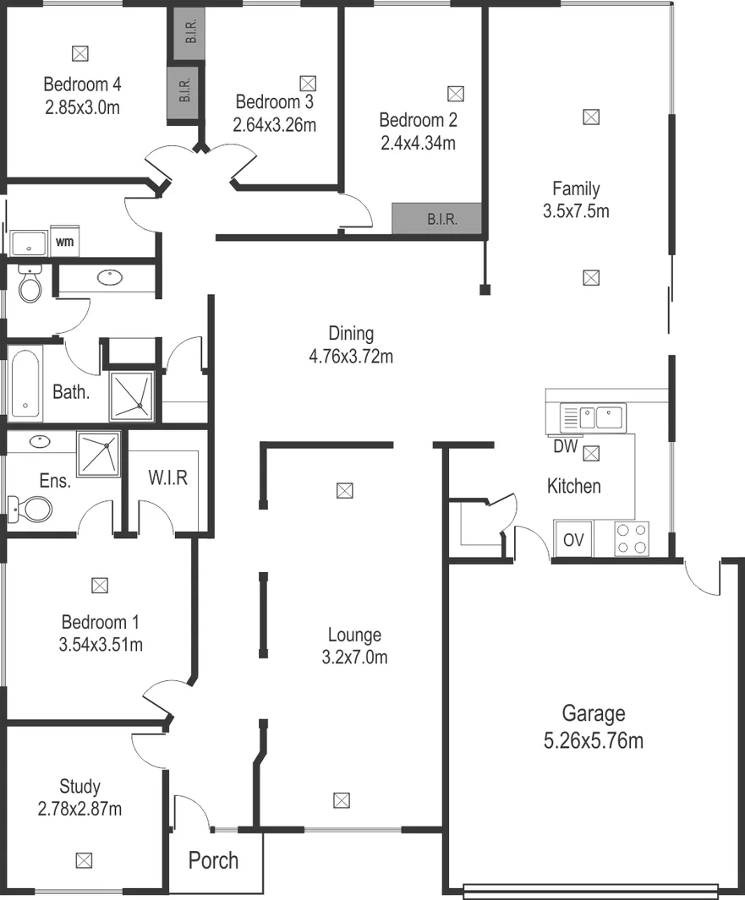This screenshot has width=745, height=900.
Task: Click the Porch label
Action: pyautogui.click(x=213, y=861)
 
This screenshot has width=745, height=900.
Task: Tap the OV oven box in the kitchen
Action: pyautogui.click(x=573, y=540)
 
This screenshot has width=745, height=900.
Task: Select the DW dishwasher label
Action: pyautogui.click(x=565, y=446)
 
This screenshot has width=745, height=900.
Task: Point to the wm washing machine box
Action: pyautogui.click(x=65, y=242)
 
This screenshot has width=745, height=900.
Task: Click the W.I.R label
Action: pyautogui.click(x=167, y=477)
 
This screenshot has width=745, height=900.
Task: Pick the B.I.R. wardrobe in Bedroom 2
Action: pyautogui.click(x=437, y=219)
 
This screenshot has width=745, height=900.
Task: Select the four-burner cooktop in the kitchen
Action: pyautogui.click(x=631, y=539)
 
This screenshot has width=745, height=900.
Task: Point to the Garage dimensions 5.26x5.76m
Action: pyautogui.click(x=593, y=741)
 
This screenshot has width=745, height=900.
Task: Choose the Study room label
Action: pyautogui.click(x=79, y=787)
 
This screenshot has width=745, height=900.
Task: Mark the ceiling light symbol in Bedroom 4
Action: pyautogui.click(x=79, y=53)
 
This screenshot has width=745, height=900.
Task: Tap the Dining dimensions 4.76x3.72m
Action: pyautogui.click(x=351, y=356)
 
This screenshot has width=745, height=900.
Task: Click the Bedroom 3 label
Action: pyautogui.click(x=274, y=102)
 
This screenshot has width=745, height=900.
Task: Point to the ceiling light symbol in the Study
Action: pyautogui.click(x=83, y=861)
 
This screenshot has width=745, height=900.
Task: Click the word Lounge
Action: pyautogui.click(x=354, y=635)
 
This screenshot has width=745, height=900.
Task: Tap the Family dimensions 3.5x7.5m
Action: pyautogui.click(x=576, y=211)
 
